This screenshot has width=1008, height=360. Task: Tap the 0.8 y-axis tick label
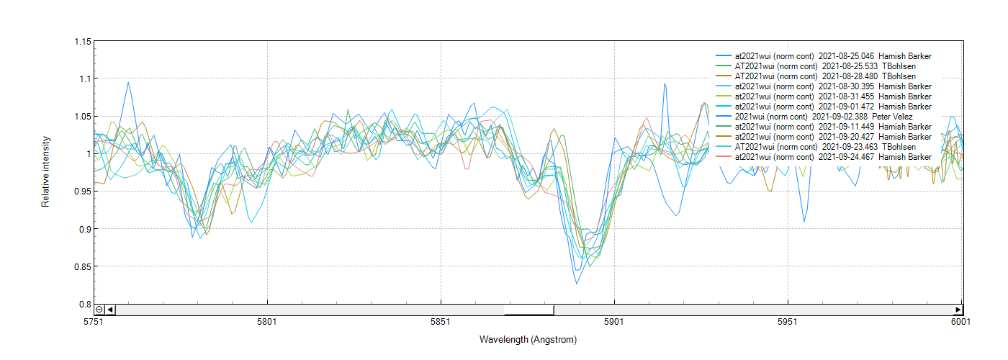point(86,304)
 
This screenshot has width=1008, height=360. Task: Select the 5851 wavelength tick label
point(441,322)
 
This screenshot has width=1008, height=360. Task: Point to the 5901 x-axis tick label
point(614,322)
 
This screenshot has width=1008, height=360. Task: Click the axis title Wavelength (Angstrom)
point(528,339)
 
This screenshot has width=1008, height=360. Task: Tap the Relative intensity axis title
point(45,171)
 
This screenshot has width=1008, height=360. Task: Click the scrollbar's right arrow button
point(958,310)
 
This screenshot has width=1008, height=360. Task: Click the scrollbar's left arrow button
point(110,310)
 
